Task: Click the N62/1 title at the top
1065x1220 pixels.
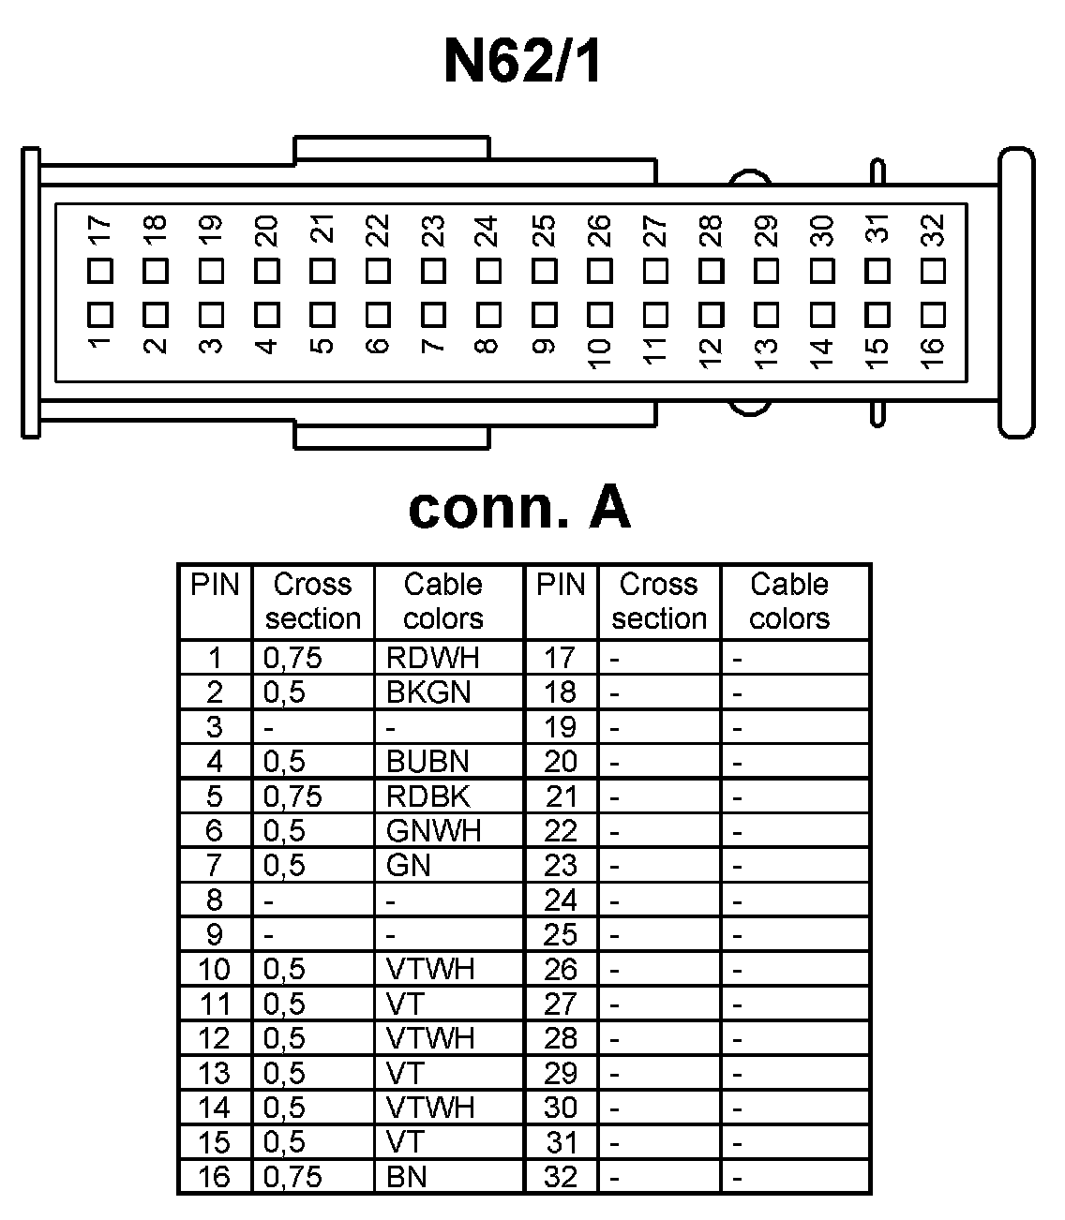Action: (x=521, y=62)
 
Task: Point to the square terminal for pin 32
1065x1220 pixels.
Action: (x=933, y=271)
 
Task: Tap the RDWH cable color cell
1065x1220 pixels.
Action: (x=432, y=658)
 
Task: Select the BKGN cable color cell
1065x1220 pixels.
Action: (x=427, y=692)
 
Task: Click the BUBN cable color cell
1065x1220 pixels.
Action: (x=427, y=762)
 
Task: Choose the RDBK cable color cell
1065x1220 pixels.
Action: (x=427, y=796)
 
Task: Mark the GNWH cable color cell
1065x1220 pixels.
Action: (x=432, y=831)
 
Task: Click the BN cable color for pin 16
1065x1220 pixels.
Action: (x=406, y=1177)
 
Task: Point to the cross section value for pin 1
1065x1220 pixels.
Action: (x=292, y=658)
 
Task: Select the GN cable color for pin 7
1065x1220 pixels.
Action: (x=408, y=866)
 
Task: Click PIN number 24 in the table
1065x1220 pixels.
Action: (x=561, y=900)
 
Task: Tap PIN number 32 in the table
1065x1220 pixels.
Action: (x=561, y=1177)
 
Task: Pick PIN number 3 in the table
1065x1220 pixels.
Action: (x=215, y=727)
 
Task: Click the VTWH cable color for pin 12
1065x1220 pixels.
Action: (x=430, y=1038)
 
